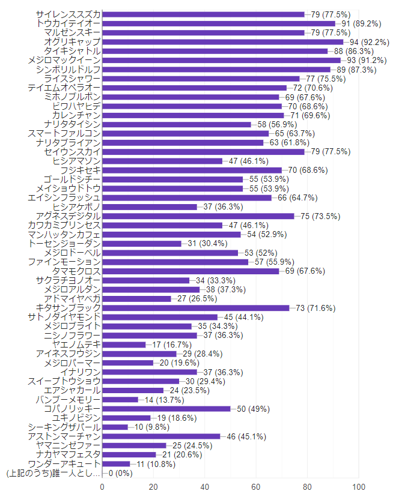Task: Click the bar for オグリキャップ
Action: click(x=222, y=42)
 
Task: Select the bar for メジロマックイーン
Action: click(x=221, y=60)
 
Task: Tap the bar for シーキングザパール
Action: click(x=115, y=427)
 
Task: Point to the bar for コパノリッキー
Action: click(x=166, y=409)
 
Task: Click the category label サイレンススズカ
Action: click(x=68, y=14)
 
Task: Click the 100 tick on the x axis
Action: click(x=359, y=487)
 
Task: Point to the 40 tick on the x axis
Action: click(x=205, y=487)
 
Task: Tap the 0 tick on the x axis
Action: click(x=102, y=487)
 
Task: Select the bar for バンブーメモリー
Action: click(x=120, y=400)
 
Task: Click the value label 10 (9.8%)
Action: click(x=153, y=427)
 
